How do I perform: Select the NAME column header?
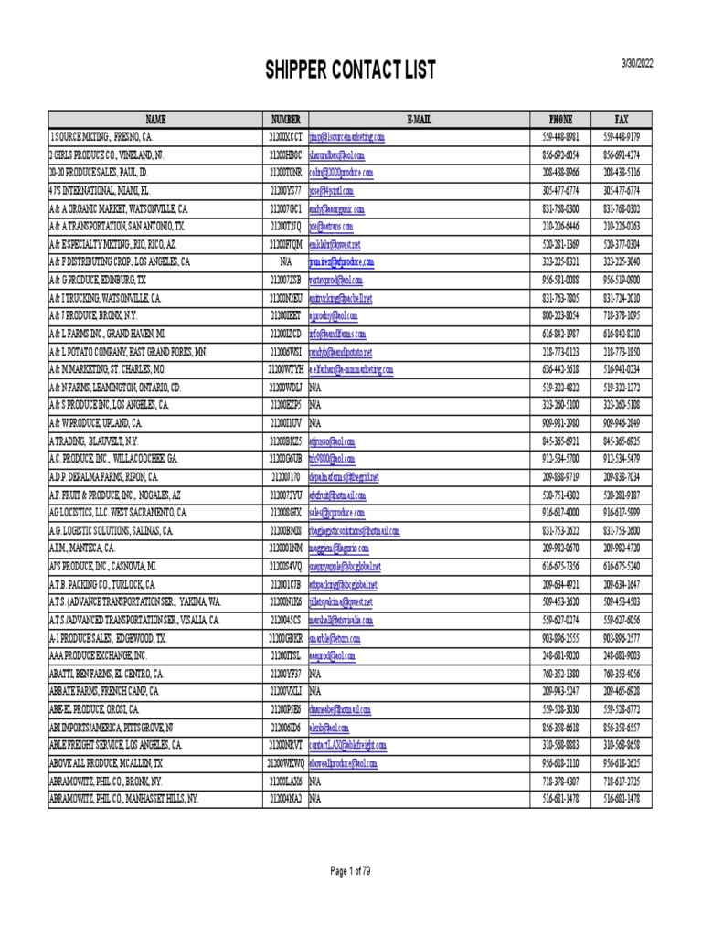pyautogui.click(x=155, y=119)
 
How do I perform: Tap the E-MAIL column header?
pyautogui.click(x=419, y=119)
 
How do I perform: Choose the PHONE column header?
pyautogui.click(x=560, y=119)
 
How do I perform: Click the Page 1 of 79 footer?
pyautogui.click(x=351, y=871)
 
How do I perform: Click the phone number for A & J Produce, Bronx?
pyautogui.click(x=560, y=315)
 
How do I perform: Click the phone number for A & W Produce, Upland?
pyautogui.click(x=560, y=423)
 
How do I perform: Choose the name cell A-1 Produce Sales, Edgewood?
pyautogui.click(x=108, y=637)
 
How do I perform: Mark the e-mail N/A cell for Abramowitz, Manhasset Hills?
pyautogui.click(x=315, y=798)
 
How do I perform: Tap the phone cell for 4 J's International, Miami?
pyautogui.click(x=560, y=190)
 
